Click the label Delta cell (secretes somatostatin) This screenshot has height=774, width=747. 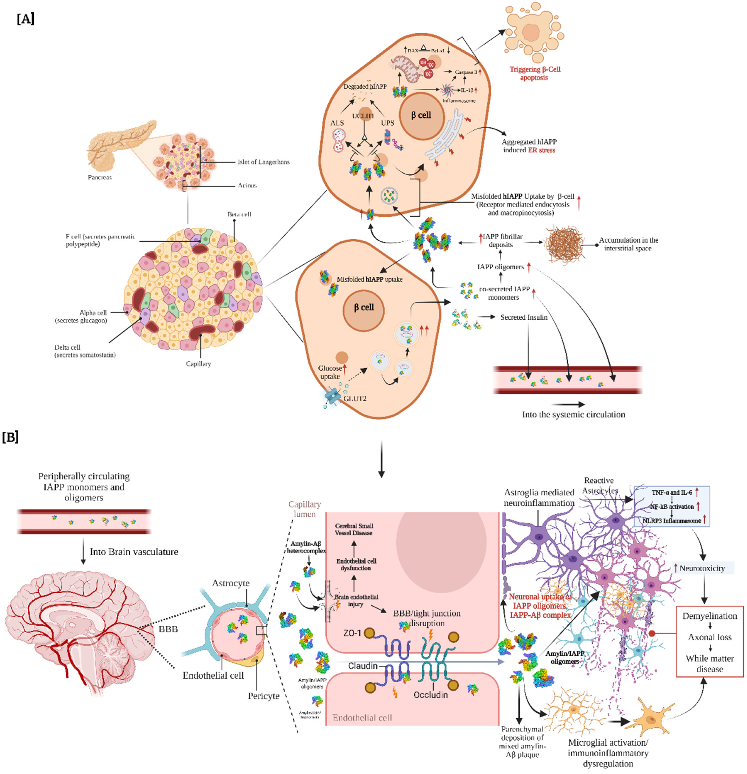click(x=85, y=351)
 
